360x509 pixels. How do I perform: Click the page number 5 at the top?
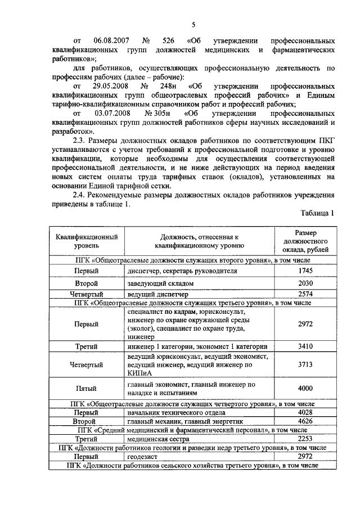click(193, 24)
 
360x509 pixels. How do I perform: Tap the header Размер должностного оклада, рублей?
click(305, 241)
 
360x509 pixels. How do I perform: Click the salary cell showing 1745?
click(305, 271)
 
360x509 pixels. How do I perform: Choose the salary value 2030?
click(305, 283)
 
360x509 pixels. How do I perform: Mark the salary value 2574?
click(305, 294)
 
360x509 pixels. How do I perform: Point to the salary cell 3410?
click(305, 346)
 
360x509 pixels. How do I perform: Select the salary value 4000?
click(305, 389)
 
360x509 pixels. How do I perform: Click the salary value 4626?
click(305, 420)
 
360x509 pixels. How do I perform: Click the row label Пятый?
click(86, 389)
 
